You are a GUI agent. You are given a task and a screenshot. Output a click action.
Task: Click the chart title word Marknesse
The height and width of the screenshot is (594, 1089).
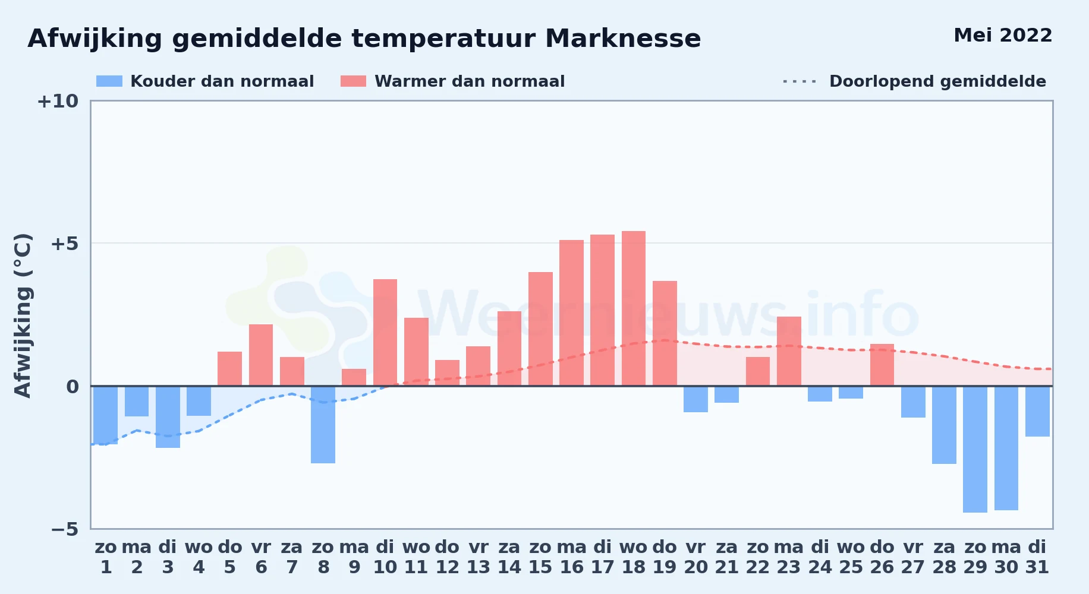point(623,39)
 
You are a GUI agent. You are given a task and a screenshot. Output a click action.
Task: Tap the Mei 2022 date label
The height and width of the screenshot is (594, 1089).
point(1003,36)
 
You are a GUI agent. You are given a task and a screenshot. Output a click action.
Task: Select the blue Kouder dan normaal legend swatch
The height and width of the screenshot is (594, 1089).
point(109,81)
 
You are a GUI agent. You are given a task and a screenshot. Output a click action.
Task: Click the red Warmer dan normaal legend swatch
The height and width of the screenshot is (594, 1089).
point(353,81)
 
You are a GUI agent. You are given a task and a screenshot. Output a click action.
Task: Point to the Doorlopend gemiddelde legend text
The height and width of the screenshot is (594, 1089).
point(937,81)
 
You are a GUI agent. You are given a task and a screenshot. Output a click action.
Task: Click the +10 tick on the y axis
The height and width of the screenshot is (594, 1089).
point(58,101)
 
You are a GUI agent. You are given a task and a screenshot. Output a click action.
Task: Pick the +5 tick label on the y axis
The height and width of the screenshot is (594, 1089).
point(64,244)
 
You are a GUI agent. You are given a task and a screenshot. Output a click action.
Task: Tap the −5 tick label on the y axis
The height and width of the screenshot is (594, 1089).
point(64,529)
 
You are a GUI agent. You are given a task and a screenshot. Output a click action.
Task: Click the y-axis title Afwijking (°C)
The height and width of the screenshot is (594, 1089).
point(23,315)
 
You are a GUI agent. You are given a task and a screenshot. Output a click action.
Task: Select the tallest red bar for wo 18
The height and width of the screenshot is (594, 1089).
point(634,308)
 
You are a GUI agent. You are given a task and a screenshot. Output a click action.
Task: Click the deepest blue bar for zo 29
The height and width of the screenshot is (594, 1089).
point(975,449)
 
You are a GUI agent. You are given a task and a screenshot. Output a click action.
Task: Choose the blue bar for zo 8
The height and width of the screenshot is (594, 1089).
point(323,425)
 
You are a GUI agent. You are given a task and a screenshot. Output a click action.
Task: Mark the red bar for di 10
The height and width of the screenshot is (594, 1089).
point(385,333)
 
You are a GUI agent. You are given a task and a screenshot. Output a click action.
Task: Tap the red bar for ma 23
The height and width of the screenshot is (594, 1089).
point(789,351)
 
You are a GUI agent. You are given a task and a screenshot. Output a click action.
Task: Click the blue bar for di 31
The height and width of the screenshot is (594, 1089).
point(1037,412)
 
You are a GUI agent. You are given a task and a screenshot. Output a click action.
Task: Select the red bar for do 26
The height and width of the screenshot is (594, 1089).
point(882,365)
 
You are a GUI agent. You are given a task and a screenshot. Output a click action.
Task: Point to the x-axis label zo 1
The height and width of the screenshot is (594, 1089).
point(106,557)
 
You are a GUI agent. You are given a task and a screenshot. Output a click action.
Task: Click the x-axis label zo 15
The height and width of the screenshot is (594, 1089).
point(540,557)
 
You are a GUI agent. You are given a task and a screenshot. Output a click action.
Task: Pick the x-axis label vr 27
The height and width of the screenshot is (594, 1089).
point(913,557)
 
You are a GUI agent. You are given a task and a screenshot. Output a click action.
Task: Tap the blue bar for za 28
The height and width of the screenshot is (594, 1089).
point(944,425)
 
